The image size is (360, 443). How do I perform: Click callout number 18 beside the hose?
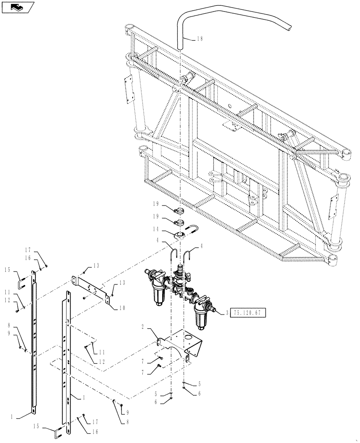[199, 39]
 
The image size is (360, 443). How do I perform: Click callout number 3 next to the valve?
[227, 313]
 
